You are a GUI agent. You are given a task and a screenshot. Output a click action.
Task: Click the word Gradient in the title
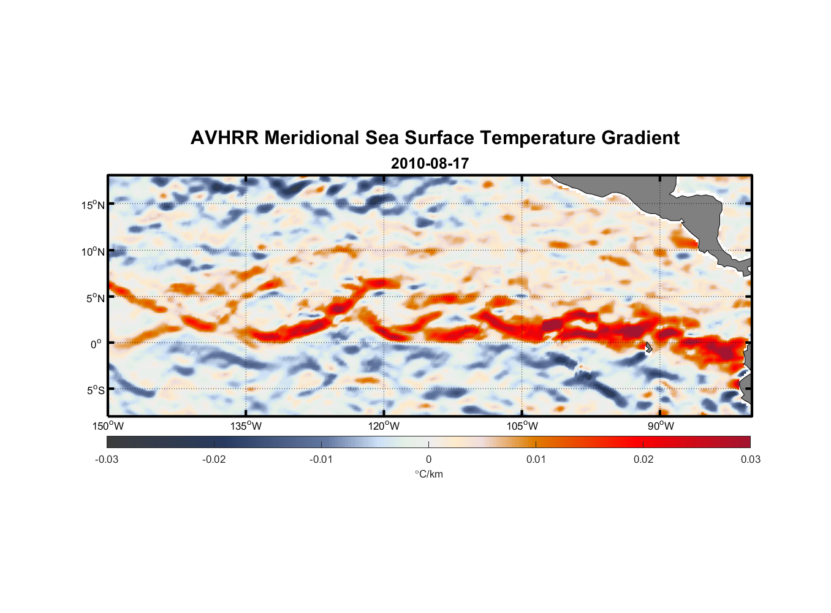point(640,138)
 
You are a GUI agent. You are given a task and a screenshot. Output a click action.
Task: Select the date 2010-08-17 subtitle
point(430,164)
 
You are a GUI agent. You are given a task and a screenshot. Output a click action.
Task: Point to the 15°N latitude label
point(93,205)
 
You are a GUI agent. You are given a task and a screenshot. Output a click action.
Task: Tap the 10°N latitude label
point(93,251)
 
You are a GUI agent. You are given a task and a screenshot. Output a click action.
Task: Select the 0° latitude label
point(96,345)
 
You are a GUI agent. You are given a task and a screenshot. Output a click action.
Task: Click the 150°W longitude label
point(108,426)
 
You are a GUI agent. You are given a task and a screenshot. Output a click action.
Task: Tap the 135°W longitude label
point(246,426)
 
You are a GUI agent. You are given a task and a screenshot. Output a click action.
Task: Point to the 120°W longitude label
point(384,426)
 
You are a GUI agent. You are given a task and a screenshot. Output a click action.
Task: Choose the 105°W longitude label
point(522,426)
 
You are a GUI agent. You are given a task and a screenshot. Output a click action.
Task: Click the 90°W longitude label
point(661,426)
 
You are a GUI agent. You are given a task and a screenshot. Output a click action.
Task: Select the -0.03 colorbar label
point(107,459)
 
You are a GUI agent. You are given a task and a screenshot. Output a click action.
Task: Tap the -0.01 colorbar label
point(321,459)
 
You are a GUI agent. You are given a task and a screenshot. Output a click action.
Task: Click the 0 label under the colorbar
point(428,459)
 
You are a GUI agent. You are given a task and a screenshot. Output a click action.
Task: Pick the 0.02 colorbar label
point(643,459)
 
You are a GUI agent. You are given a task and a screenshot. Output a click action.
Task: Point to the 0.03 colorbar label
point(750,459)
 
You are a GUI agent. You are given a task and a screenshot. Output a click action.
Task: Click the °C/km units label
point(429,474)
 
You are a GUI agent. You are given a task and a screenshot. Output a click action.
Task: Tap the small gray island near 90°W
point(648,347)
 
